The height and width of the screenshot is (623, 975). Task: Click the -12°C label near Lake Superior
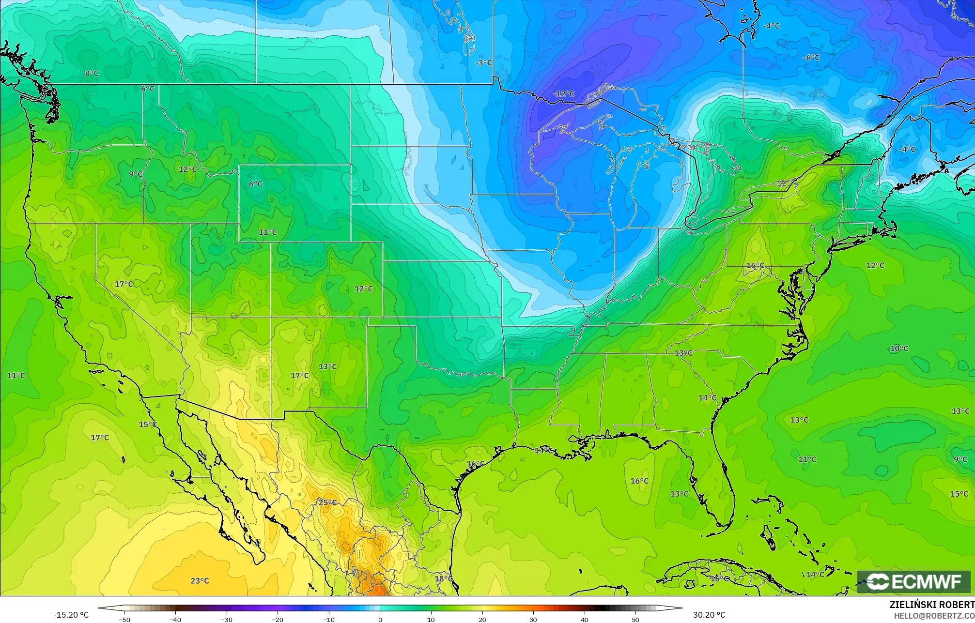[x=564, y=94]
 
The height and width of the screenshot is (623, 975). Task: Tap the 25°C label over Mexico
[x=327, y=502]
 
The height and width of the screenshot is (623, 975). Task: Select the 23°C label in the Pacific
[x=200, y=581]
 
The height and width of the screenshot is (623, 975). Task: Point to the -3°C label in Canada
[x=483, y=63]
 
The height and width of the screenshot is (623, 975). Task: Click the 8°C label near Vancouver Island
[x=92, y=74]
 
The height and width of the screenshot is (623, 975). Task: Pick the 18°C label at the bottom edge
[x=443, y=579]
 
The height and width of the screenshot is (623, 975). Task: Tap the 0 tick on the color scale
[x=380, y=619]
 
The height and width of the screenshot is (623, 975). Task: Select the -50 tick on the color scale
[x=124, y=619]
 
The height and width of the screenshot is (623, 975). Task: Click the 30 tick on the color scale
[x=533, y=619]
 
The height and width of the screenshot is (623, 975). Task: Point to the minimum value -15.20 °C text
[x=71, y=615]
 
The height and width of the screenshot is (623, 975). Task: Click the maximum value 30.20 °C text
[x=709, y=615]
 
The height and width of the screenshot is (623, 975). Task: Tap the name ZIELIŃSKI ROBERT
[x=932, y=605]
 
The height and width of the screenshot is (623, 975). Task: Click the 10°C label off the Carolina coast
[x=899, y=349]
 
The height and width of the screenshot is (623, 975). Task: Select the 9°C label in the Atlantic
[x=960, y=459]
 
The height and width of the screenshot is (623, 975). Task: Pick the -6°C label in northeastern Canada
[x=811, y=58]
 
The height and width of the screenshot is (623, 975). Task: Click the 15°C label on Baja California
[x=148, y=425]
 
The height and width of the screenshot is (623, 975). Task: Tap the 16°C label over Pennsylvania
[x=755, y=266]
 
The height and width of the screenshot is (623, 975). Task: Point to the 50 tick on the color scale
[x=635, y=619]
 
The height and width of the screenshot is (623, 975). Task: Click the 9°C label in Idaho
[x=136, y=174]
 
